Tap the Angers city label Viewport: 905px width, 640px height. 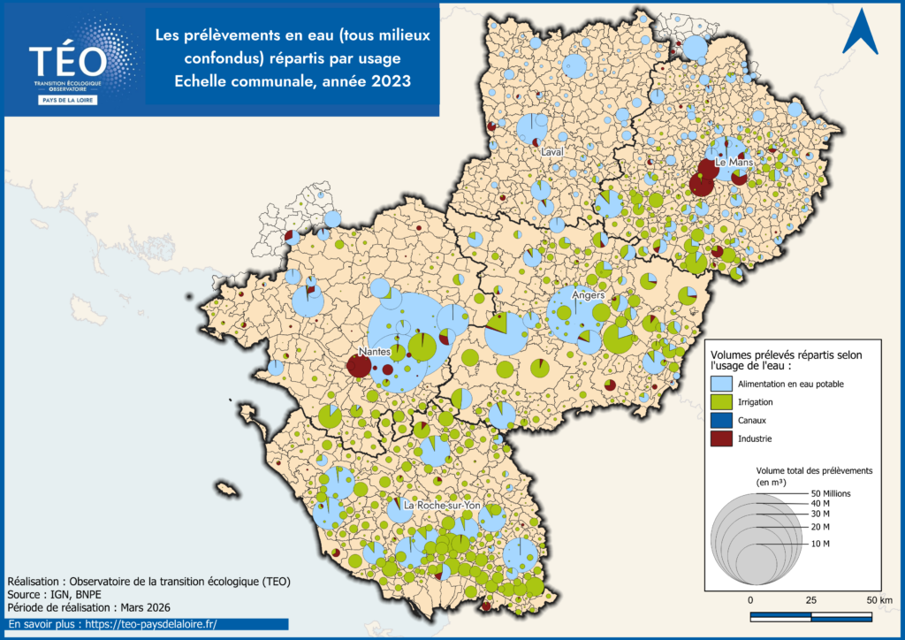pyautogui.click(x=588, y=295)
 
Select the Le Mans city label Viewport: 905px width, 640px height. pyautogui.click(x=733, y=164)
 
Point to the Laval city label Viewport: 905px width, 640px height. pyautogui.click(x=552, y=152)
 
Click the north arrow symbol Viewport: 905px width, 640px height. pyautogui.click(x=859, y=34)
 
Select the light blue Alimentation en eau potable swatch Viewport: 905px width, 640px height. pyautogui.click(x=723, y=384)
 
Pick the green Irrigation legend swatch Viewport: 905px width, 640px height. pyautogui.click(x=723, y=401)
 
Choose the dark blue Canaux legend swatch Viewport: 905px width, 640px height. pyautogui.click(x=723, y=420)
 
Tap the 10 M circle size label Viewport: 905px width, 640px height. pyautogui.click(x=820, y=543)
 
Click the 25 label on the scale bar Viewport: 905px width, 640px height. pyautogui.click(x=810, y=600)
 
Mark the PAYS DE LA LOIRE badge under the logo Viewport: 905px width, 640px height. pyautogui.click(x=69, y=100)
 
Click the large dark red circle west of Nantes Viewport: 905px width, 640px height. pyautogui.click(x=358, y=366)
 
